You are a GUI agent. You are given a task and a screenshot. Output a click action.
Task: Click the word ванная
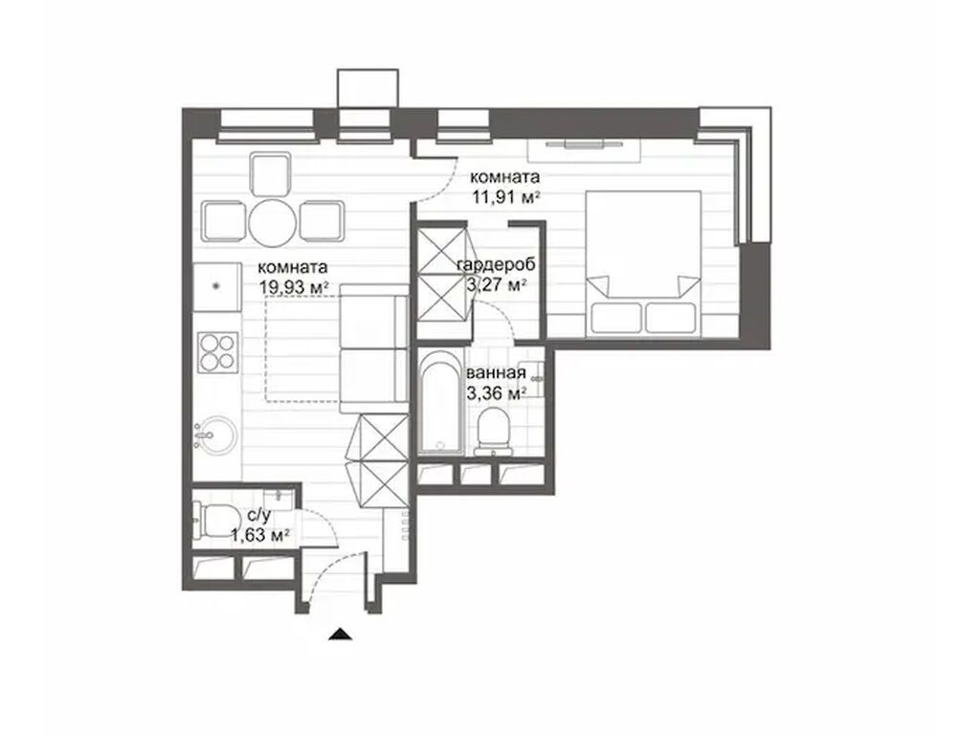[x=495, y=373]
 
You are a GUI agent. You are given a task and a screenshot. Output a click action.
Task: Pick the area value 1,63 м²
[x=260, y=537]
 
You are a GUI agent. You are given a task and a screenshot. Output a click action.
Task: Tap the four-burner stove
[x=217, y=350]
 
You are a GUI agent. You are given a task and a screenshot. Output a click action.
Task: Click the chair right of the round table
[x=321, y=221]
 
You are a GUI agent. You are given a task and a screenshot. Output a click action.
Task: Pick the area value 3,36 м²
[x=495, y=392]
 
